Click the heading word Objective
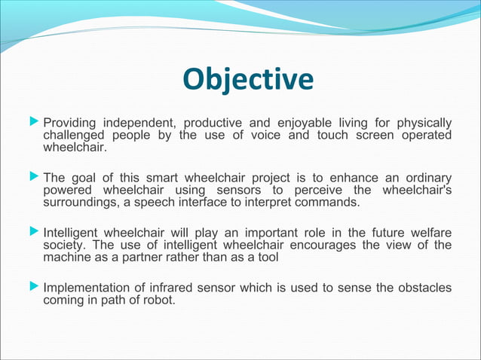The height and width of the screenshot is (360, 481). point(248,78)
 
